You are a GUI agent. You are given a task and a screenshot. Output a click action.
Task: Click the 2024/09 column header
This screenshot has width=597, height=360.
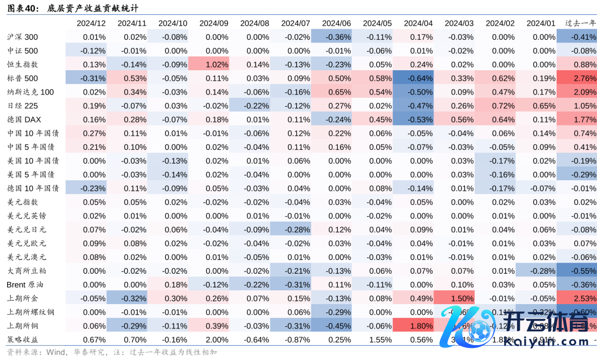[213, 23]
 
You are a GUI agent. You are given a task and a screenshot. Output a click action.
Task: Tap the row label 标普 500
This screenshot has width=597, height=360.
[23, 78]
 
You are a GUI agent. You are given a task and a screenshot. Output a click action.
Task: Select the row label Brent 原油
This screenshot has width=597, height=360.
[25, 284]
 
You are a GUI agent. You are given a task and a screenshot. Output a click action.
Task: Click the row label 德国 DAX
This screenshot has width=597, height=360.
[24, 119]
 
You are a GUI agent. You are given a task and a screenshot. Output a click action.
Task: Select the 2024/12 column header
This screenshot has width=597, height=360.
[91, 23]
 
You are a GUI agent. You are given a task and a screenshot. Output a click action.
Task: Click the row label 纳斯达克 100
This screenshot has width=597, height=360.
[30, 92]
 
